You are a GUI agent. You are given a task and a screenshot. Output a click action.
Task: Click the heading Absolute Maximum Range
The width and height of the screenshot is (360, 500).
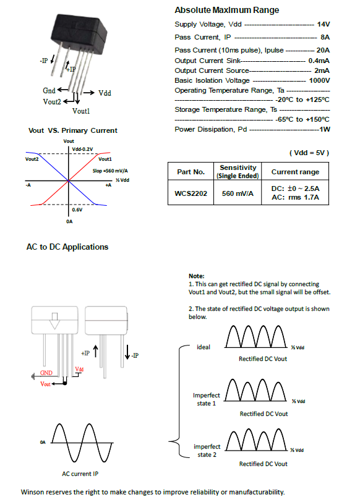[226, 11]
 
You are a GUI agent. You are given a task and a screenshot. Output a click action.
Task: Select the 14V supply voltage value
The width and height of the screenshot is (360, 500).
[324, 24]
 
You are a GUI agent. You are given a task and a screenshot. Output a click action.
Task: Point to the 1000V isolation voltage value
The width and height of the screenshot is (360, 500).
[319, 80]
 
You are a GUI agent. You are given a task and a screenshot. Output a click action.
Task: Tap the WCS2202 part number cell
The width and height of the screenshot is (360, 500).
[191, 193]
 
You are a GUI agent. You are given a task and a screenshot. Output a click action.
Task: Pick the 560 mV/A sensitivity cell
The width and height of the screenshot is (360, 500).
[238, 193]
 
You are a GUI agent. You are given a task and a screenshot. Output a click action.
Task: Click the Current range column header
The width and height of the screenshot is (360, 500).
[295, 172]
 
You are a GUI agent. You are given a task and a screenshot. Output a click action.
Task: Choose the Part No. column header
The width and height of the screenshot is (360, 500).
[191, 172]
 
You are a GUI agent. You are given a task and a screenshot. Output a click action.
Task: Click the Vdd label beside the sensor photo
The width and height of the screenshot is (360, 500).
[105, 93]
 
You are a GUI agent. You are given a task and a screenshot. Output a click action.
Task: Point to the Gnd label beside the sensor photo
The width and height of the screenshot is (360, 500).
[49, 91]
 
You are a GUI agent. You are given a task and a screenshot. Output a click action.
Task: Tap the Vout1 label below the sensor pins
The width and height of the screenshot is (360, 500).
[81, 111]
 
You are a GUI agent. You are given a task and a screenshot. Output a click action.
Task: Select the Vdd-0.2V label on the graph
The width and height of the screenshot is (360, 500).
[82, 149]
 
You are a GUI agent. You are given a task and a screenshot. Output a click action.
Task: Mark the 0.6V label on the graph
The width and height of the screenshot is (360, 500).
[77, 210]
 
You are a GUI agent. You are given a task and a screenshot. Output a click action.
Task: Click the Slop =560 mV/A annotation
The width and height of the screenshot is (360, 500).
[110, 171]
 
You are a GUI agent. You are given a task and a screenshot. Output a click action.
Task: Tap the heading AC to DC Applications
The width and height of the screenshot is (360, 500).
[67, 247]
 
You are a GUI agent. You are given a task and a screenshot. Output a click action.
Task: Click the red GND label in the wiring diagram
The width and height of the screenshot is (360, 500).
[46, 373]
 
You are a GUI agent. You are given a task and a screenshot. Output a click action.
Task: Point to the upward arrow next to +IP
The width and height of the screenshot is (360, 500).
[95, 352]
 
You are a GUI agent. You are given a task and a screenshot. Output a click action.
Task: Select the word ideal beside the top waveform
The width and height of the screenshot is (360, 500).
[204, 347]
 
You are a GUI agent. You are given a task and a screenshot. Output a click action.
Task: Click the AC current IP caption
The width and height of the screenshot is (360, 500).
[80, 474]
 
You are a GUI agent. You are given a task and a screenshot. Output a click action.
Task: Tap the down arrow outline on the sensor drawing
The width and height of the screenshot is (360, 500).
[54, 321]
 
